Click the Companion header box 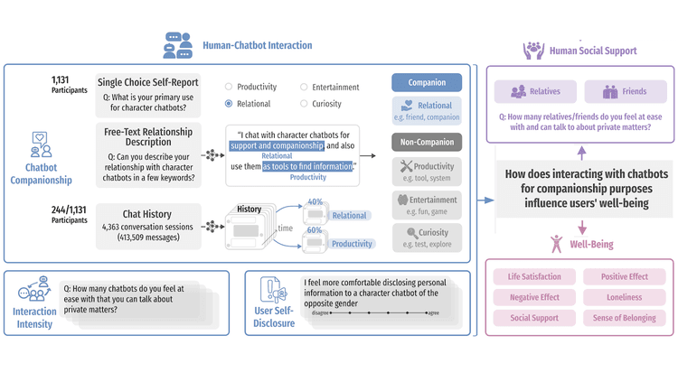[x=427, y=82]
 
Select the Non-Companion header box [x=427, y=142]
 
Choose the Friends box [x=625, y=91]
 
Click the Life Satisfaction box [x=534, y=276]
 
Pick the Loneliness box [x=625, y=297]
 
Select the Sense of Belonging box [x=625, y=318]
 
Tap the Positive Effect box [x=625, y=276]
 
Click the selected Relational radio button [x=230, y=104]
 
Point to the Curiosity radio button [x=304, y=104]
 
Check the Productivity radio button [x=230, y=88]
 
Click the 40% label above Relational [x=315, y=202]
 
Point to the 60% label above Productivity [x=315, y=230]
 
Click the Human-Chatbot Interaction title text [x=257, y=45]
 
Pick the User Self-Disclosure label [x=274, y=317]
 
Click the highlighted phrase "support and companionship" [x=277, y=145]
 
